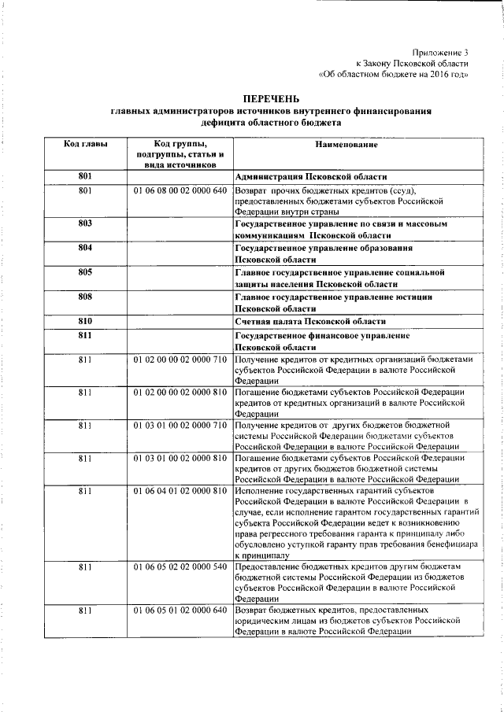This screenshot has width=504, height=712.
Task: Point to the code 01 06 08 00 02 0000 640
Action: (x=180, y=190)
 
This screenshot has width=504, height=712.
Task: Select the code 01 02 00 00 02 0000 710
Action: (x=180, y=359)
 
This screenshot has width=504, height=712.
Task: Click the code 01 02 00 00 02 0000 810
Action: (x=180, y=392)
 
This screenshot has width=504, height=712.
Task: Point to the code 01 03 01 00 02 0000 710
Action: (x=180, y=425)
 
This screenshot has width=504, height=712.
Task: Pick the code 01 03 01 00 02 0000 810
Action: (x=180, y=458)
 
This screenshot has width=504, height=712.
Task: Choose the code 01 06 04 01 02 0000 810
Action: (x=180, y=491)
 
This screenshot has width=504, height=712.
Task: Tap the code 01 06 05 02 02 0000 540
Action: (x=180, y=566)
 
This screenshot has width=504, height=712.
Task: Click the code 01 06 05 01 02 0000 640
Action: (x=180, y=611)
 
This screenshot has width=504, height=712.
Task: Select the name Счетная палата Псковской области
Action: (x=310, y=321)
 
